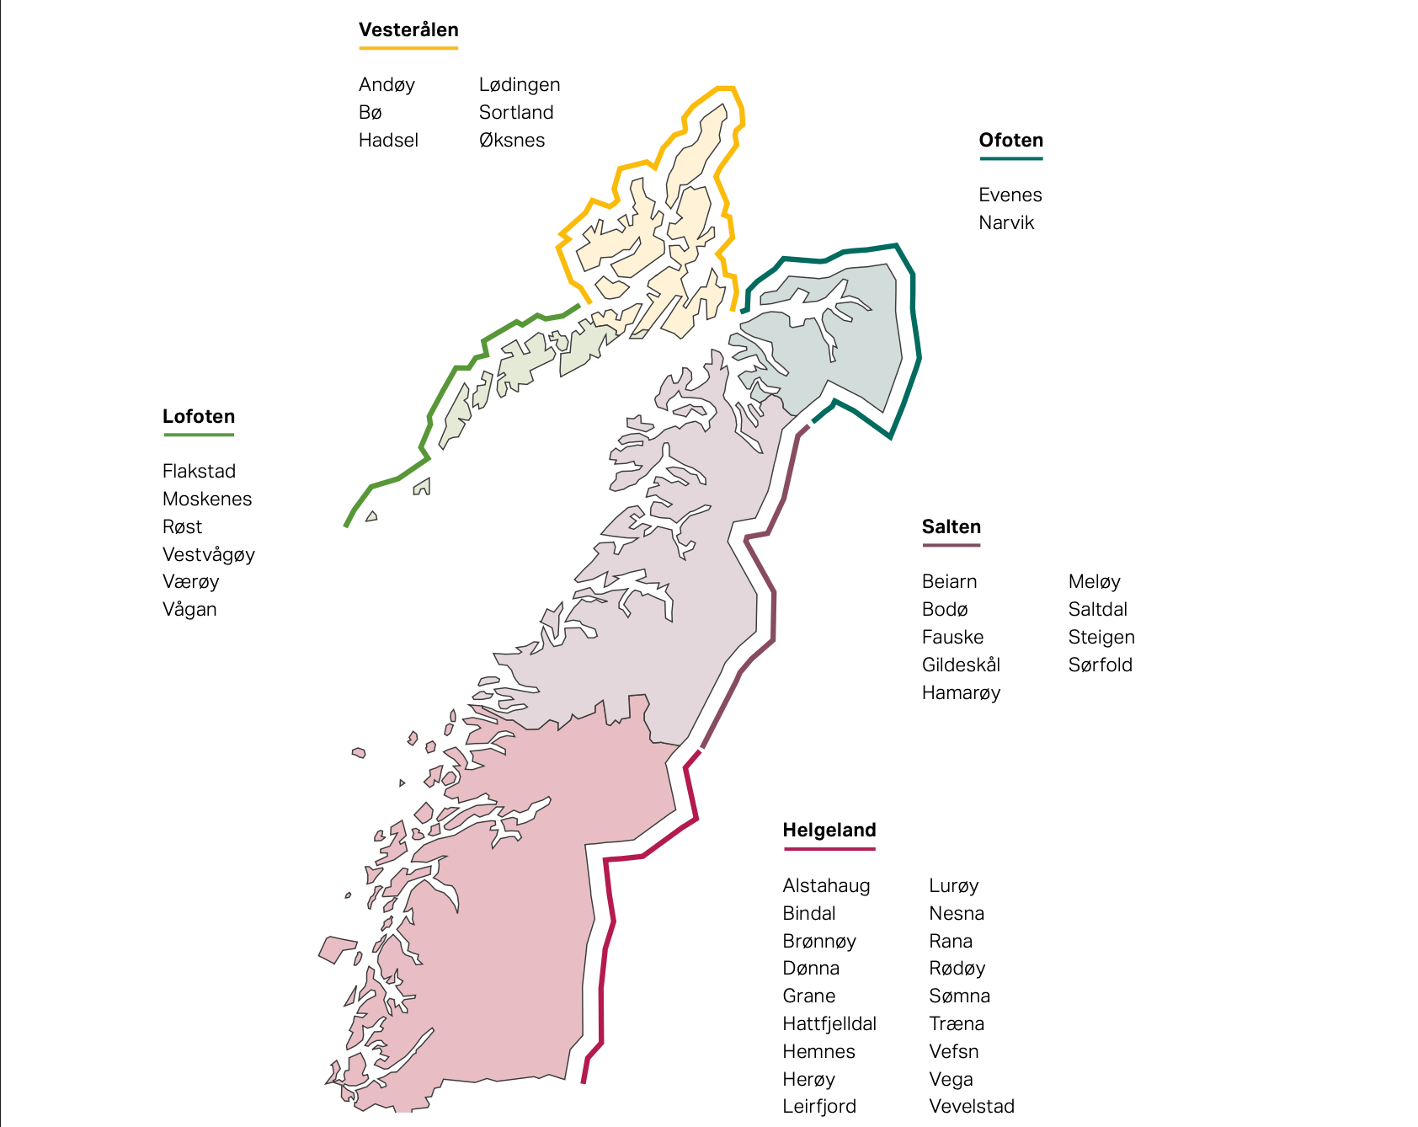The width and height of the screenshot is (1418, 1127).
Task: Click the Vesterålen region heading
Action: tap(408, 30)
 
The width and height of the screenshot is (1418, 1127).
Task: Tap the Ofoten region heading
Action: tap(1010, 141)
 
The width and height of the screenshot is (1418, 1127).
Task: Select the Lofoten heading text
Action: tap(199, 417)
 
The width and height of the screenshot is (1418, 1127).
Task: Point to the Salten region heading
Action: tap(951, 527)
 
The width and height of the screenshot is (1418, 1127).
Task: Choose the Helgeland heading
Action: tap(829, 831)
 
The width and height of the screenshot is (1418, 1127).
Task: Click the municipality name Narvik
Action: tap(1005, 223)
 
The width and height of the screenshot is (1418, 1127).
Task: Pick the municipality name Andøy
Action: tap(386, 85)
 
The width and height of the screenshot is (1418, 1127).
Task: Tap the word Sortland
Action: tap(515, 113)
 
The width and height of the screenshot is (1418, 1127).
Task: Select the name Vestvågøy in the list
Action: tap(208, 555)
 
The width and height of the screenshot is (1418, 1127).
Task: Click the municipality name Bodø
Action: tap(944, 610)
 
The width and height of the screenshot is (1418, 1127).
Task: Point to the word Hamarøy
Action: tap(961, 693)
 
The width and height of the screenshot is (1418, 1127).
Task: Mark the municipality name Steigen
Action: tap(1101, 638)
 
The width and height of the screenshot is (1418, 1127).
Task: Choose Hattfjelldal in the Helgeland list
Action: tap(829, 1024)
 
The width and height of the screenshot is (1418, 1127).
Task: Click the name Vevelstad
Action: tap(971, 1107)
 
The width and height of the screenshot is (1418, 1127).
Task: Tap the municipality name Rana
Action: tap(950, 942)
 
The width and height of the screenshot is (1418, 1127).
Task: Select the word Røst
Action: tap(182, 527)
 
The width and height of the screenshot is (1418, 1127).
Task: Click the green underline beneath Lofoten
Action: tap(199, 435)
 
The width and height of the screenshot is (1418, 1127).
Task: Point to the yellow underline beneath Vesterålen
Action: tap(408, 48)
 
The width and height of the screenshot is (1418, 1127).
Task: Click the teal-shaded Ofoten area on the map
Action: tap(850, 337)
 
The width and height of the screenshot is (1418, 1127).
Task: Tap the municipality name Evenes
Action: tap(1010, 195)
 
